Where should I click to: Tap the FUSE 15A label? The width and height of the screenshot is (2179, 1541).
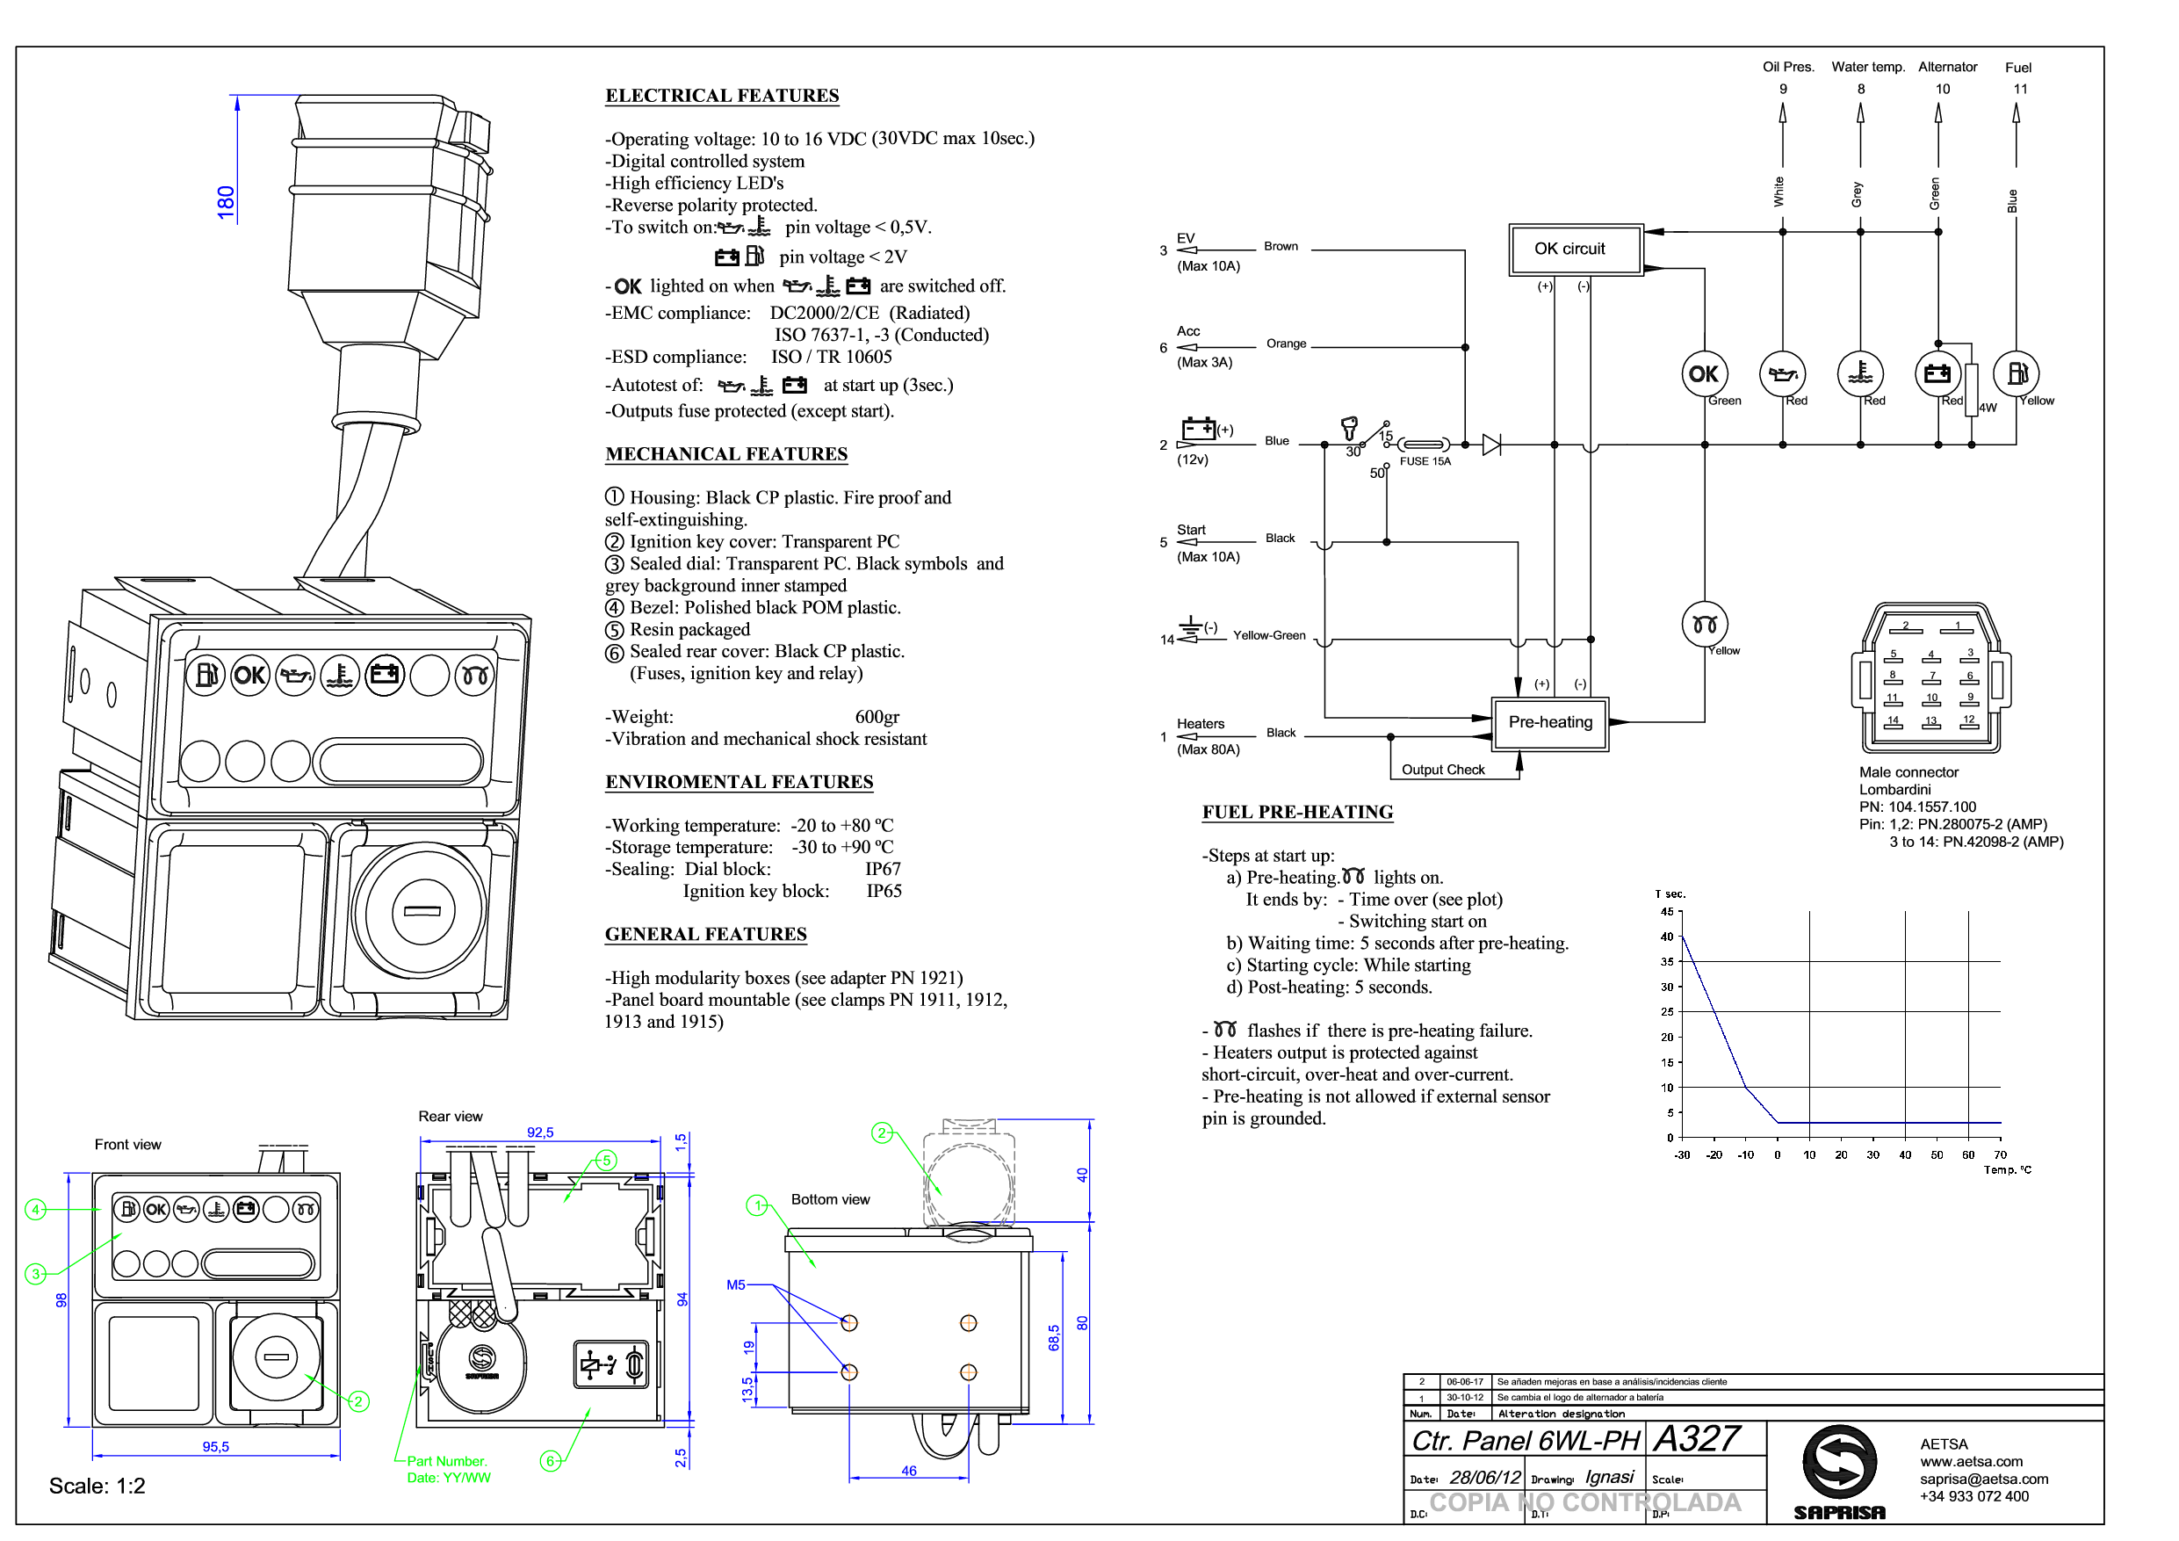point(1425,461)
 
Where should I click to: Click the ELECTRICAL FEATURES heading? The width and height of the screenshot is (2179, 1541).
point(722,96)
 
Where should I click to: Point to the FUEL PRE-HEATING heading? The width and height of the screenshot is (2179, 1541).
point(1297,813)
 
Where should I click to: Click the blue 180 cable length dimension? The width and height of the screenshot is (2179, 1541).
point(226,202)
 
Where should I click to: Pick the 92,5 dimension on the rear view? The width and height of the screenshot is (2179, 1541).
point(540,1132)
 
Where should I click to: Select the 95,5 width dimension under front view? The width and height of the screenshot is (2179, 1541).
point(215,1447)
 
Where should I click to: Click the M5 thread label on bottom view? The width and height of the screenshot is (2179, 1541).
point(735,1285)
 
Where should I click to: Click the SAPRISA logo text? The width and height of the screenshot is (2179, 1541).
point(1839,1514)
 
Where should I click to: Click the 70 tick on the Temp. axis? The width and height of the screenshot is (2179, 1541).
point(2000,1155)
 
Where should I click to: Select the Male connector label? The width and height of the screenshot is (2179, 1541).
point(1908,773)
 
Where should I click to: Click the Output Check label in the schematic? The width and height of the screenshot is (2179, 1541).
point(1442,770)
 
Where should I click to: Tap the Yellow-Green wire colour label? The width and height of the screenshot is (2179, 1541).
point(1269,636)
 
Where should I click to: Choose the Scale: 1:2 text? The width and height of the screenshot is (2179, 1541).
point(97,1487)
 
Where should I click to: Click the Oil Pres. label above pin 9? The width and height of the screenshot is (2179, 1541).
point(1788,68)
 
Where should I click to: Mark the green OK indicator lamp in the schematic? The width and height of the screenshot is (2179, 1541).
point(1704,374)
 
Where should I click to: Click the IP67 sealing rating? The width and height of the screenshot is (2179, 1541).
point(883,870)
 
